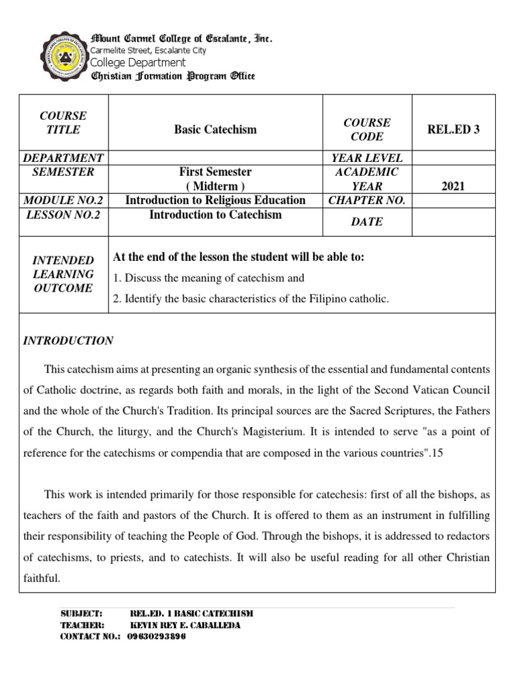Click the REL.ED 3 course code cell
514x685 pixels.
pos(453,129)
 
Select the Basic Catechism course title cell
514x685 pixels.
pos(215,129)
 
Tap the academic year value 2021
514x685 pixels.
pos(453,186)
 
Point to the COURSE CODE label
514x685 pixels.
pos(367,129)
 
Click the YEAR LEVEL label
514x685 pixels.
pos(367,158)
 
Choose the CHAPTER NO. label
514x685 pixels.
pos(367,200)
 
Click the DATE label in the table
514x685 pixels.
pos(367,221)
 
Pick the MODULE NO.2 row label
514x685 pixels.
pos(64,200)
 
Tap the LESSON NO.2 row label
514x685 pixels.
pos(64,215)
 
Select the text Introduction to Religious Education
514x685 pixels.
pos(215,200)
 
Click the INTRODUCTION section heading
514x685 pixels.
pos(68,340)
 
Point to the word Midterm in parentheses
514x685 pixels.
pos(215,185)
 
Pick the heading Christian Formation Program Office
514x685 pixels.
pos(173,76)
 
